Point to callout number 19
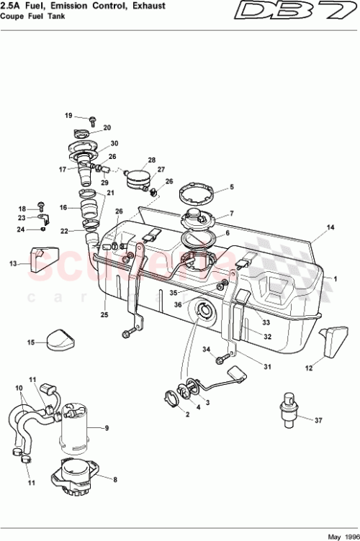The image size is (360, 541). pos(69,116)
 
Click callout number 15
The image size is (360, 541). pos(30,343)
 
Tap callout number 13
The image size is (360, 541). pos(12,264)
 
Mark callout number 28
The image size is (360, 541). pos(151,160)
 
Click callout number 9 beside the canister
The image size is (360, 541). pos(107,428)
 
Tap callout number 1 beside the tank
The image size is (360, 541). pos(335,277)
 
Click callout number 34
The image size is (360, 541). pos(205,350)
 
